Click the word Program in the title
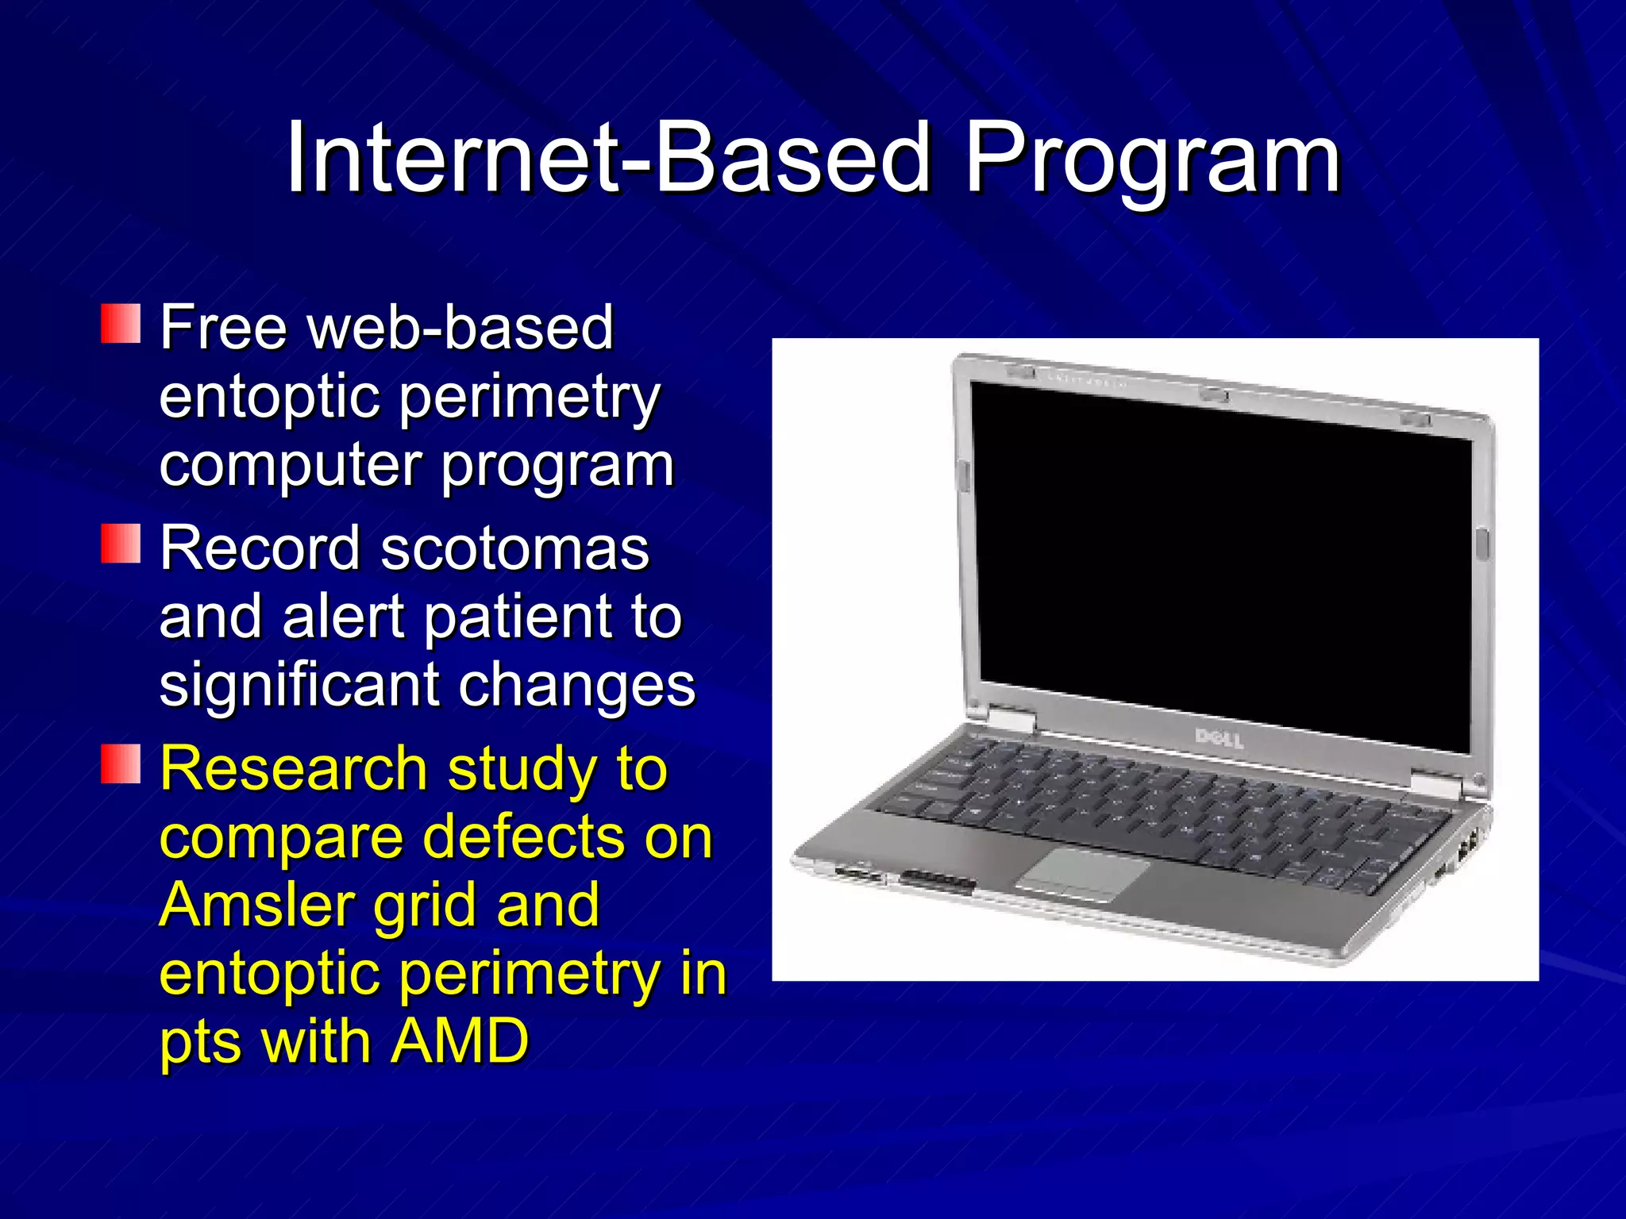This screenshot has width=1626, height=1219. tap(1151, 159)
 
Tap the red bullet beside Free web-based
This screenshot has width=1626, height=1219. tap(121, 323)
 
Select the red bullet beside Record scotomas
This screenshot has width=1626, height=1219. tap(121, 544)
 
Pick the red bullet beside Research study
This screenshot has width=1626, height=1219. tap(121, 764)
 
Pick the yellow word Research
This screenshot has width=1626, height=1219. tap(294, 769)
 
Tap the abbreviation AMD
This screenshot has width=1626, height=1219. tap(460, 1041)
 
